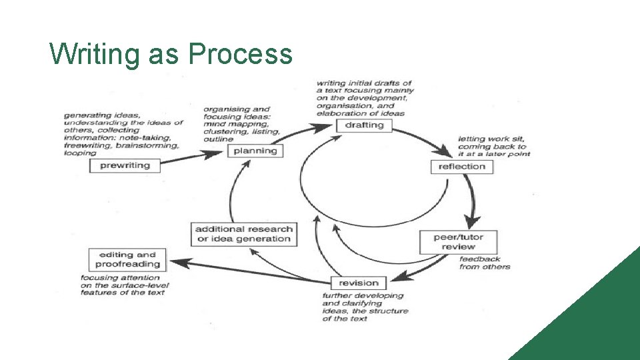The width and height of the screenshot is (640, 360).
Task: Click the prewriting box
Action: point(125,165)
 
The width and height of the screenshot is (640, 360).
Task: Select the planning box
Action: point(255,151)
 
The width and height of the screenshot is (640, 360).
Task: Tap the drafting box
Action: point(364,125)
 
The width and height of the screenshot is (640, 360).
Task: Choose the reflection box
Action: point(462,167)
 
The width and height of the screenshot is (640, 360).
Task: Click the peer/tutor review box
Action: point(458,241)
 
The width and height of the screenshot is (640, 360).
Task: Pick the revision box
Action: point(358,283)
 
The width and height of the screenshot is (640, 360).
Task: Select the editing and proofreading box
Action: point(127,259)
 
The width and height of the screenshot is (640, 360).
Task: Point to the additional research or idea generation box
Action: point(243,234)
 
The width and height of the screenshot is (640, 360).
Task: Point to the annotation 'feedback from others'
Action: point(484,263)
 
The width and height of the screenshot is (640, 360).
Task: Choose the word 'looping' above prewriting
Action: point(80,153)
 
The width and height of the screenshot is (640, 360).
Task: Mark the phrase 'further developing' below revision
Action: point(363,295)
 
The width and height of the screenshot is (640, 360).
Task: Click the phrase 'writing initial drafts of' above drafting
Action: point(364,83)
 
